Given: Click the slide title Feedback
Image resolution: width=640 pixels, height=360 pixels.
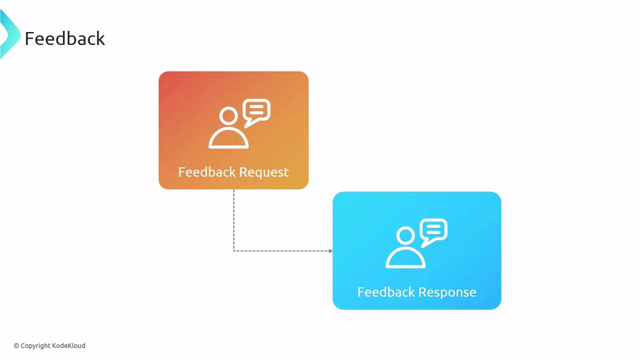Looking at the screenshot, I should [65, 38].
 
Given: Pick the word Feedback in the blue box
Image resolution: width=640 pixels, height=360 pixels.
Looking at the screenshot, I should [385, 292].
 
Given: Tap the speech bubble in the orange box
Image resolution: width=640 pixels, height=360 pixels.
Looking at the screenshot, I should [256, 112].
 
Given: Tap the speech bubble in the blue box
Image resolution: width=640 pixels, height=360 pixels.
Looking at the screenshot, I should [433, 231].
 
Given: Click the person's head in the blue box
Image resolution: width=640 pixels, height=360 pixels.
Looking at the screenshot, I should [405, 236].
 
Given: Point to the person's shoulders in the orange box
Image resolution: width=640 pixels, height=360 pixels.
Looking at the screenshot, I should [228, 139].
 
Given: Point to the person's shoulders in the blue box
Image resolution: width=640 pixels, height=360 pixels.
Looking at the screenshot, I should [405, 258].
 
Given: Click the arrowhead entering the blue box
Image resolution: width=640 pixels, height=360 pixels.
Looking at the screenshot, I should [330, 250].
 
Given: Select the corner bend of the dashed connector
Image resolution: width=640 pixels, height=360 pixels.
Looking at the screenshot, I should [233, 250].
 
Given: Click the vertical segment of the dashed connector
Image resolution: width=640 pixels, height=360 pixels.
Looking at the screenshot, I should [233, 220].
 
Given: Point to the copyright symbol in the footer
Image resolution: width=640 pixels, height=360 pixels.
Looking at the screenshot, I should [16, 345].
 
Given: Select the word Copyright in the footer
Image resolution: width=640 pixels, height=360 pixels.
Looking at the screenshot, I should [35, 345].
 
